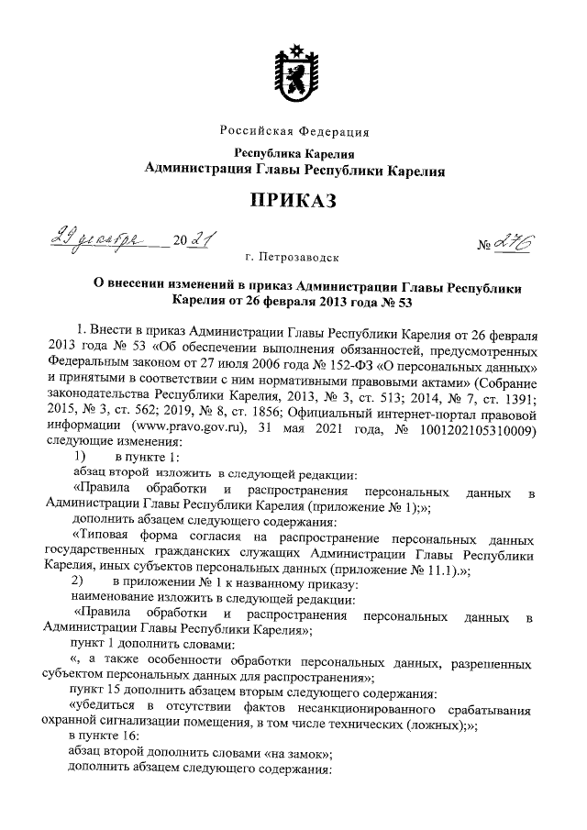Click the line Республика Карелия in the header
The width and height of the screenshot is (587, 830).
(x=294, y=153)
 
